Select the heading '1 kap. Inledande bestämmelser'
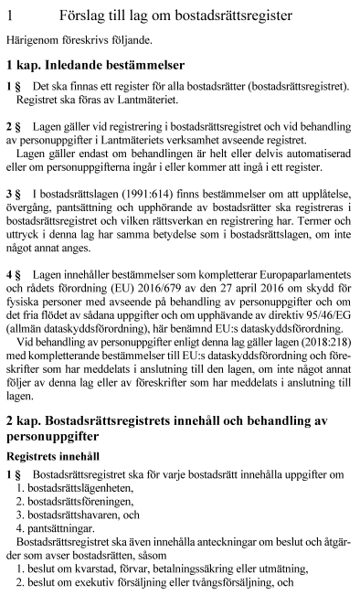(95, 66)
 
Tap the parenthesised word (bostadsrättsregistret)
(291, 87)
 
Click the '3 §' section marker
(13, 195)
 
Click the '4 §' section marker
(13, 274)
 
